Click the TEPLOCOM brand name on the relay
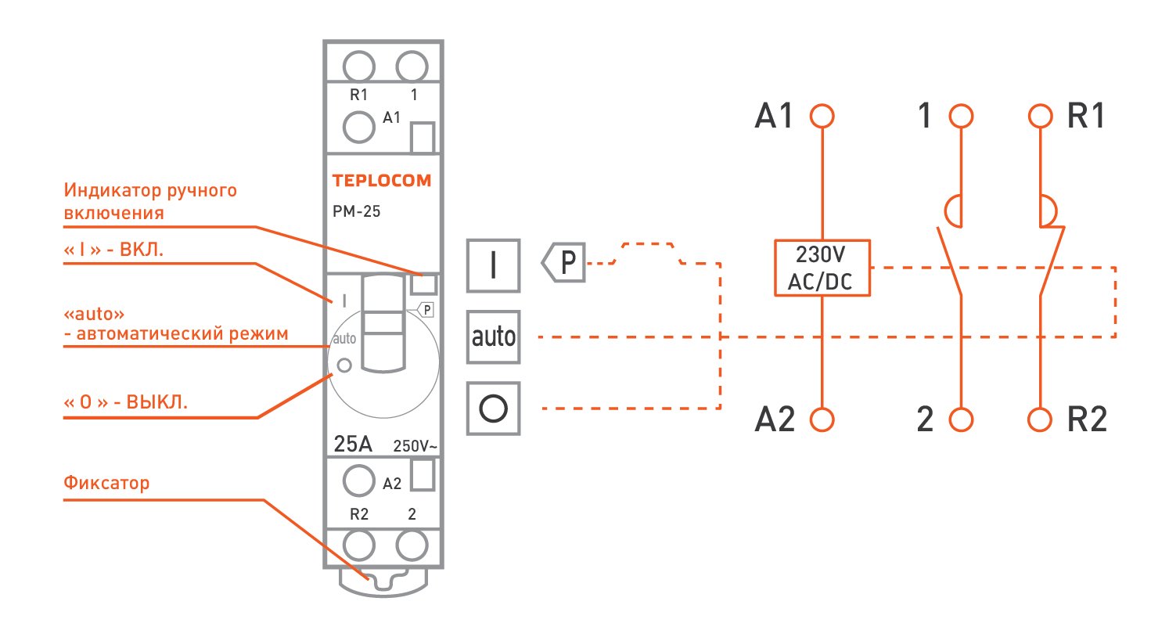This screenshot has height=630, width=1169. click(382, 181)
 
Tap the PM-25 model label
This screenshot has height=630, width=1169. click(357, 211)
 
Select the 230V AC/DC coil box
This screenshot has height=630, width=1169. click(822, 268)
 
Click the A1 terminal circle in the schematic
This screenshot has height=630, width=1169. click(822, 116)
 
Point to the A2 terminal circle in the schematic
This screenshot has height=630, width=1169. click(822, 419)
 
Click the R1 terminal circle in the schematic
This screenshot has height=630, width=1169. click(1040, 116)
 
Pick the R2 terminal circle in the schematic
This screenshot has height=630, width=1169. click(1040, 419)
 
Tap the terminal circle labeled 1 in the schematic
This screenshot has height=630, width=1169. click(961, 116)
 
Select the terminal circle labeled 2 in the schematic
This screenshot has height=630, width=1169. click(961, 419)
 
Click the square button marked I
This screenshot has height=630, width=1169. click(493, 265)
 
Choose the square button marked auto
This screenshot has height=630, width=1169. click(493, 337)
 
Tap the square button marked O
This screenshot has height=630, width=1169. click(493, 409)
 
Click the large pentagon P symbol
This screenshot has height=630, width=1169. click(563, 262)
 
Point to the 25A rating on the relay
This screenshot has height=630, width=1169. click(353, 445)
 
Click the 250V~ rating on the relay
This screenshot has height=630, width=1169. click(415, 446)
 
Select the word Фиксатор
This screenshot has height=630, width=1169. click(106, 483)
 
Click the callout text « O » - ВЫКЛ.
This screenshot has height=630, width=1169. click(125, 402)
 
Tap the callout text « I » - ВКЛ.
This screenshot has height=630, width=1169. click(113, 250)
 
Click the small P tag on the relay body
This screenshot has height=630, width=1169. click(426, 310)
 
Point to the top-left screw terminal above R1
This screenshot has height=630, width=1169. click(359, 67)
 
